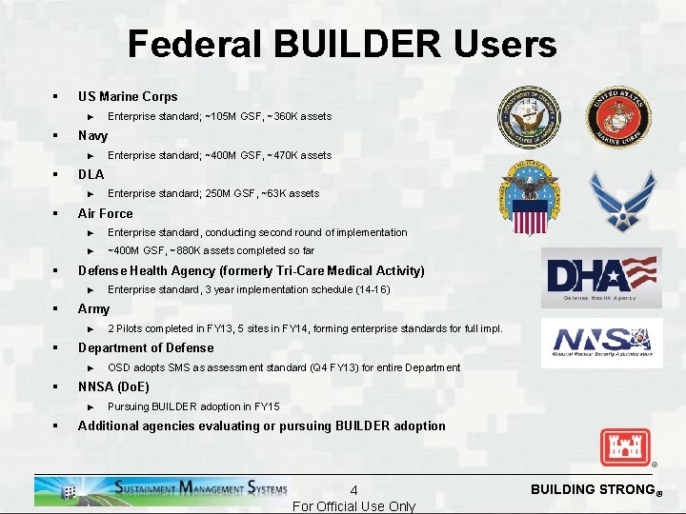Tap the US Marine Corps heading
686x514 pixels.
click(127, 96)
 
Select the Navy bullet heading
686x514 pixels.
click(92, 135)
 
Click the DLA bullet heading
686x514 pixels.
click(91, 174)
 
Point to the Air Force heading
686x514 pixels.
click(105, 213)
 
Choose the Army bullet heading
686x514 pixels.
click(93, 308)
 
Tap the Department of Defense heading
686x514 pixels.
click(146, 347)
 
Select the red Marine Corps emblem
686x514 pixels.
click(617, 117)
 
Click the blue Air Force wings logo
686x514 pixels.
click(622, 200)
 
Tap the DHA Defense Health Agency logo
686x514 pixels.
click(601, 278)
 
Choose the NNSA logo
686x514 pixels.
click(601, 343)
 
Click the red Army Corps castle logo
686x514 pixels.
click(624, 446)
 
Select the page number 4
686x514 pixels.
click(353, 490)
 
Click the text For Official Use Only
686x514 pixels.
click(353, 506)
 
